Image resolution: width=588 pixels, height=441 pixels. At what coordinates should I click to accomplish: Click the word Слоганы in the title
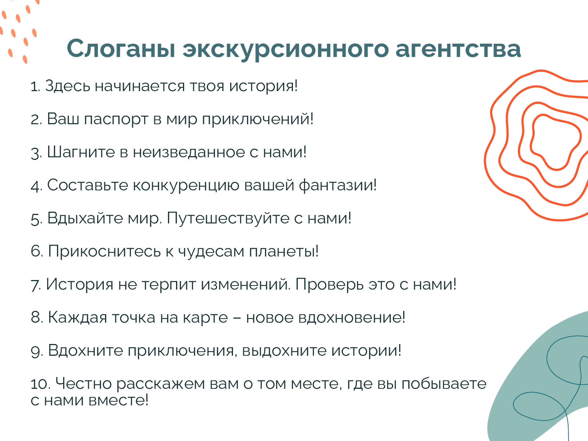coord(121,49)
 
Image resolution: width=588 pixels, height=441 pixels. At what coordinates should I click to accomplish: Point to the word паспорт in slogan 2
coord(116,119)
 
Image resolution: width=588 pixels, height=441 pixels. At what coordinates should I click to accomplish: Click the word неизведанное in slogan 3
coord(189,153)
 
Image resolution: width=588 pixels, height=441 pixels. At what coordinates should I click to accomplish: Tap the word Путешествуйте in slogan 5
coord(228,219)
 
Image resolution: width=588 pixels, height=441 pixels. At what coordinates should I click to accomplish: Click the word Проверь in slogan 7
coord(330,284)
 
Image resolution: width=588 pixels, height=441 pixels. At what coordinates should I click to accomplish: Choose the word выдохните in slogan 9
coord(284,351)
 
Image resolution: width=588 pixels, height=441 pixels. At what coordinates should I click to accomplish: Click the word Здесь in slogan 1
coord(68,86)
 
